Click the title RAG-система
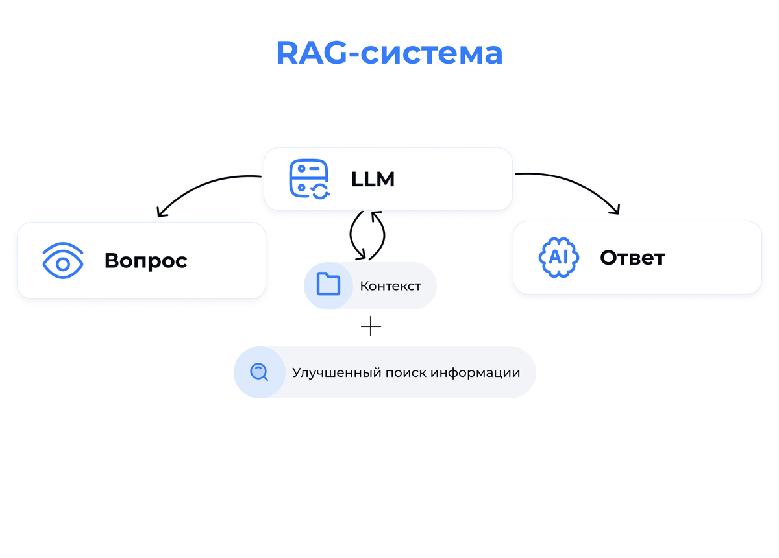389,53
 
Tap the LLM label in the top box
373,179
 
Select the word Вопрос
145,261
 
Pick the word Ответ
632,258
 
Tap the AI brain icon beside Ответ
559,258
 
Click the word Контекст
390,286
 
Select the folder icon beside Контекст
328,285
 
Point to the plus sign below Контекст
371,326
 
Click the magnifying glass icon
259,372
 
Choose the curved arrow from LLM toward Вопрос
201,185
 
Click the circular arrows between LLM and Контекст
367,235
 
